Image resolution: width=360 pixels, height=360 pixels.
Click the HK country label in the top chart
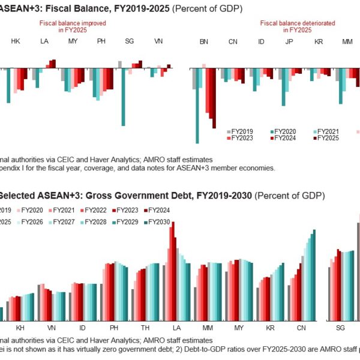(x=16, y=41)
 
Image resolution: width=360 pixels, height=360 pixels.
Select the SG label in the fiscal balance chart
(x=130, y=41)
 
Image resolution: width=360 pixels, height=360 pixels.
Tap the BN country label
(x=203, y=41)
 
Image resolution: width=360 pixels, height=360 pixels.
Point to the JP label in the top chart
(x=290, y=41)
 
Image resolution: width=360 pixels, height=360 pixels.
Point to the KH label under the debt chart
(x=20, y=329)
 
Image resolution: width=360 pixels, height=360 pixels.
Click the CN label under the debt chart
(x=301, y=329)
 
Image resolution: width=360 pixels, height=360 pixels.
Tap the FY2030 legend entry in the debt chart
(x=157, y=222)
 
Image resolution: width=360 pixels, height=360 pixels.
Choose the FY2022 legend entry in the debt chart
(x=97, y=210)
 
